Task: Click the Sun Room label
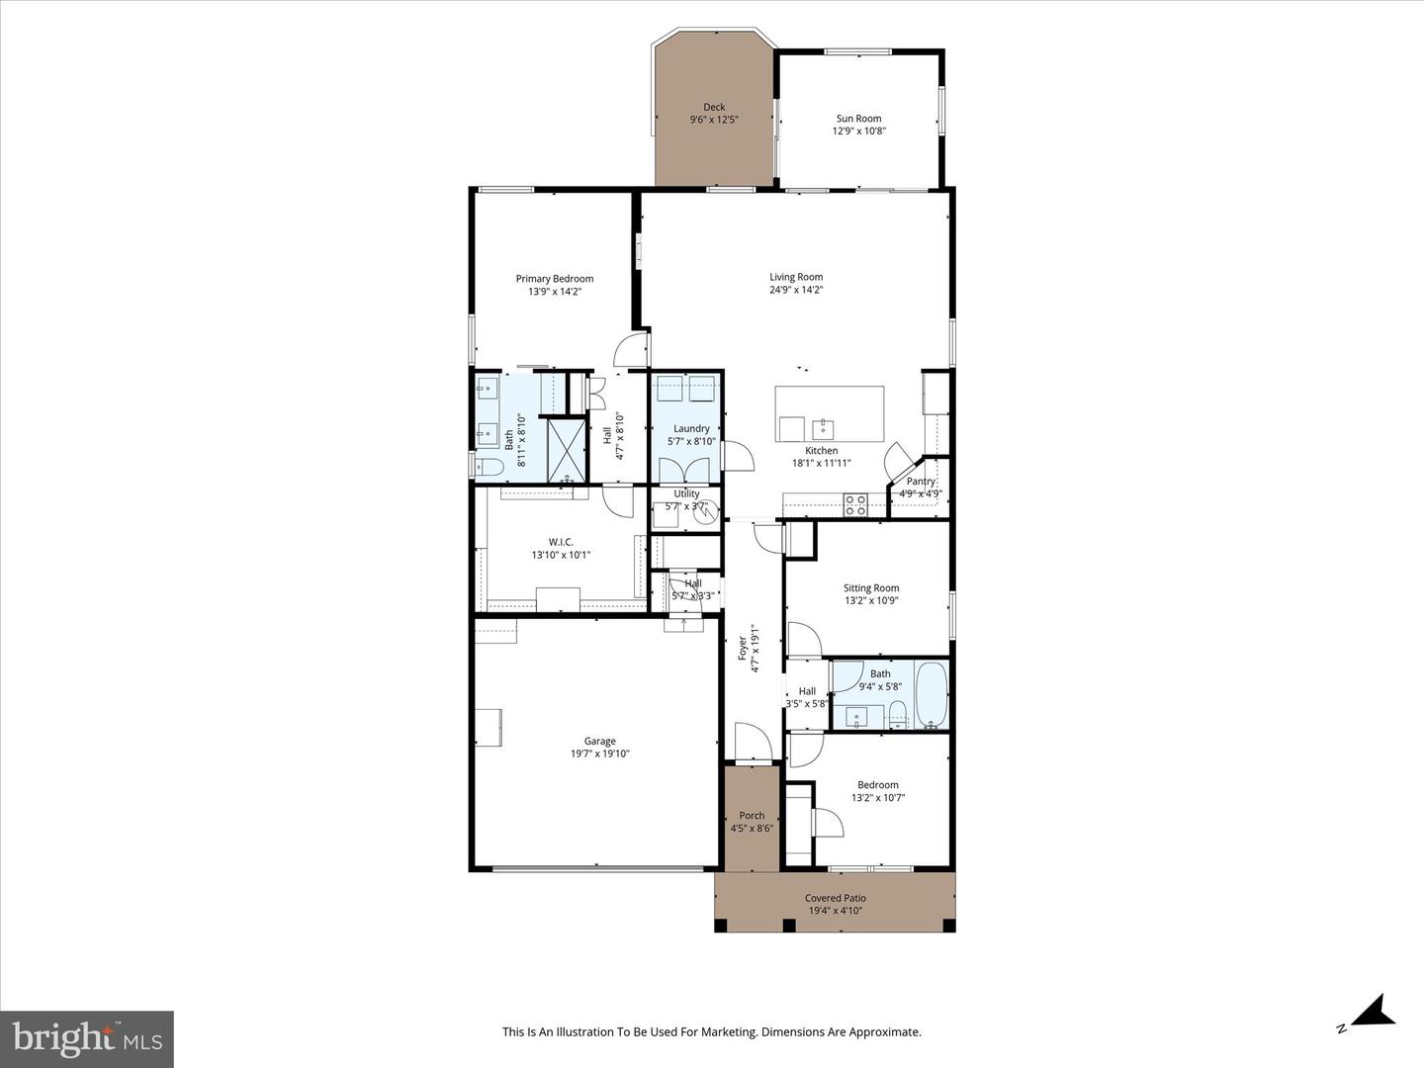(857, 119)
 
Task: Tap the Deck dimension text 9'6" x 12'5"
(714, 120)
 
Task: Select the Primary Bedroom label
(554, 279)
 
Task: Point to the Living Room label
(796, 278)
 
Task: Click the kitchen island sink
(823, 428)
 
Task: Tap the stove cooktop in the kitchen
(854, 504)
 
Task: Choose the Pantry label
(921, 482)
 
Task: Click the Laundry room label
(691, 429)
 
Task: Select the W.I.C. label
(561, 542)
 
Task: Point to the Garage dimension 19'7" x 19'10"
(599, 754)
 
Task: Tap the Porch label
(752, 816)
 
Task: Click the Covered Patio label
(835, 898)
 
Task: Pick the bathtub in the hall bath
(932, 694)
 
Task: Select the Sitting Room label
(871, 588)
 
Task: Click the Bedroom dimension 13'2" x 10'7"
(878, 798)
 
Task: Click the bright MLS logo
(87, 1038)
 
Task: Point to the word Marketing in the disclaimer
(725, 1032)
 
